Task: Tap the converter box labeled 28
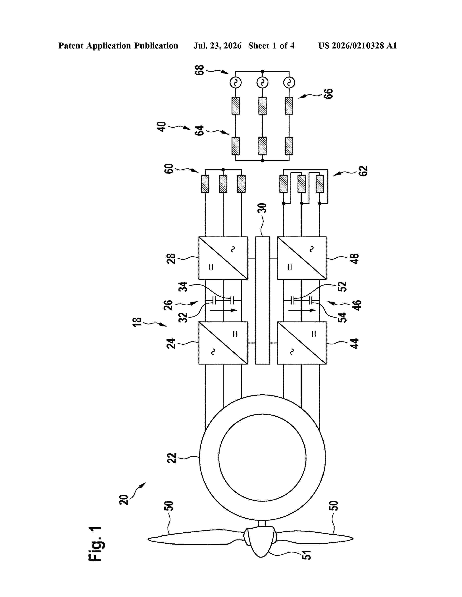[223, 258]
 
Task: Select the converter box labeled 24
[223, 343]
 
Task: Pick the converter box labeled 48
[302, 258]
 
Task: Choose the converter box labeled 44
[302, 343]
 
